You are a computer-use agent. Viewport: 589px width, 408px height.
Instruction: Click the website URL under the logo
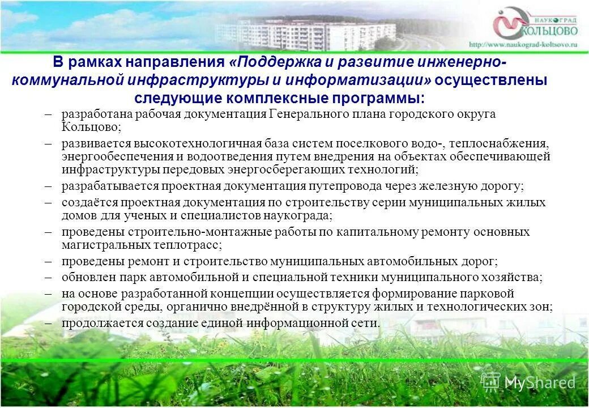(x=522, y=44)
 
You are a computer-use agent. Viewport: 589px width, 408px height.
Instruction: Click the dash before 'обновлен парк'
(x=50, y=278)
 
